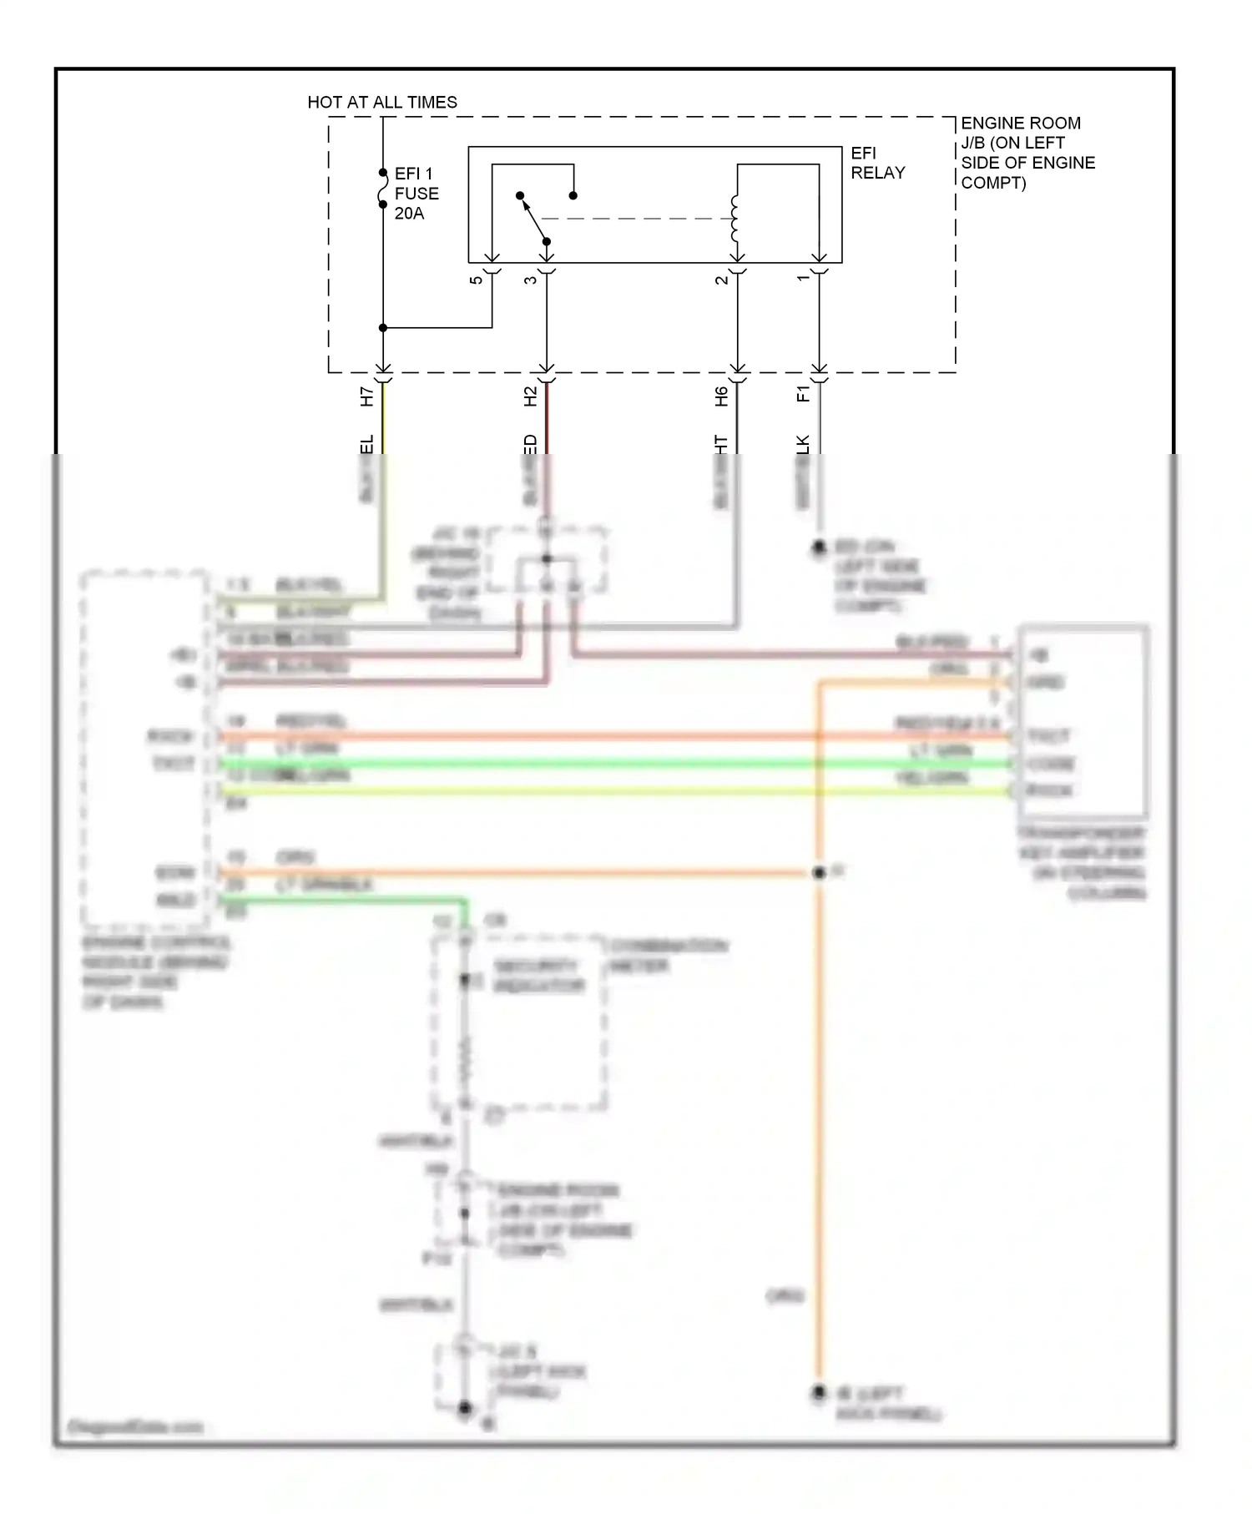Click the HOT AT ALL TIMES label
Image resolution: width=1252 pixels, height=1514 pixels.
coord(382,102)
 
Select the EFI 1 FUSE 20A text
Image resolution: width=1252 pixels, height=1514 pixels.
coord(416,193)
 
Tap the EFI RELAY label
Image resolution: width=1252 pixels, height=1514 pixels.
coord(876,163)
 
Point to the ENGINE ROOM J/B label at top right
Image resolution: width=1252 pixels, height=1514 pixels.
coord(1027,152)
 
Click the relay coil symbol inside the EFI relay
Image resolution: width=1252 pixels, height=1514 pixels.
coord(735,219)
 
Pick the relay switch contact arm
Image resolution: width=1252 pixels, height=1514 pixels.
coord(533,218)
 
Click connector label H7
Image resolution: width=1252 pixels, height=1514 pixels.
coord(366,396)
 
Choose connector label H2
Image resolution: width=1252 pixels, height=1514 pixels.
coord(530,396)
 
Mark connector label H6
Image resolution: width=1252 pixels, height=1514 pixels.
coord(721,396)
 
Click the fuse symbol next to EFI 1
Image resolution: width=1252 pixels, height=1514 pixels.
coord(382,189)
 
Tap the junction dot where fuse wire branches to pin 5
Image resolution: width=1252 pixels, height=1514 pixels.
coord(383,328)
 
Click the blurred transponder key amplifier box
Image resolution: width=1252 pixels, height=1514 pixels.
coord(1083,723)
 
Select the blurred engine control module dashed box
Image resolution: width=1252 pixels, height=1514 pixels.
coord(145,749)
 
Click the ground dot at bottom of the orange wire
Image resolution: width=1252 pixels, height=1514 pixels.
coord(819,1392)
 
